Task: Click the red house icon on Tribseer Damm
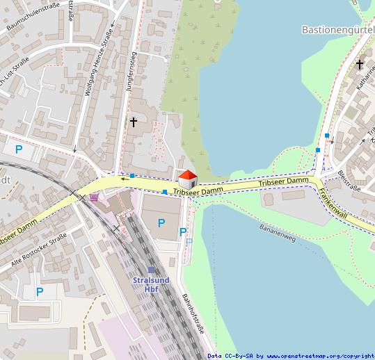click(x=187, y=177)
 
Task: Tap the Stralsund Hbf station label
click(x=151, y=284)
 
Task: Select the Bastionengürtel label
click(x=338, y=30)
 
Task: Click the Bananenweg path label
click(x=278, y=232)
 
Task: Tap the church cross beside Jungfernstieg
click(x=134, y=122)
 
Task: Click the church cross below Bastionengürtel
click(x=360, y=65)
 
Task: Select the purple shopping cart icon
click(x=95, y=197)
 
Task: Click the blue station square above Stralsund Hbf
click(x=151, y=270)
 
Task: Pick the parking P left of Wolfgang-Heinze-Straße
click(x=19, y=149)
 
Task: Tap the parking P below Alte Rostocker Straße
click(x=40, y=292)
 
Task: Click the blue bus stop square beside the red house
click(x=164, y=192)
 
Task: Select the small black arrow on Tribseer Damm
click(x=124, y=179)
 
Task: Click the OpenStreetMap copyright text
click(x=291, y=355)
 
